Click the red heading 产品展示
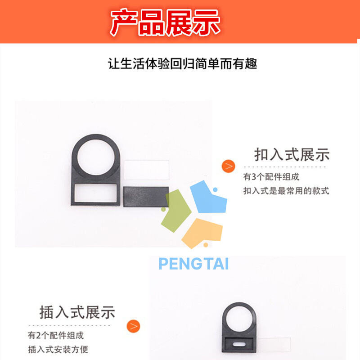point(165,22)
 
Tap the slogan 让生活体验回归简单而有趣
point(182,63)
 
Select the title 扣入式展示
point(292,154)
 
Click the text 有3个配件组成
point(271,177)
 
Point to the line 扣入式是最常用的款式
point(286,190)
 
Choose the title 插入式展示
point(77,312)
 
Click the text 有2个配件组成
point(56,335)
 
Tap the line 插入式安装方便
point(58,349)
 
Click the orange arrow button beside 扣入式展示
point(229,166)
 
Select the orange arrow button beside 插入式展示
point(133,326)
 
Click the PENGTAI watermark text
point(193,264)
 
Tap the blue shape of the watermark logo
point(208,198)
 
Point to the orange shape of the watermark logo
point(202,232)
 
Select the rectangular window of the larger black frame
point(96,193)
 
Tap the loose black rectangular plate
point(146,197)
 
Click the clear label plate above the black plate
point(147,170)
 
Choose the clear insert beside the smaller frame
point(274,344)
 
